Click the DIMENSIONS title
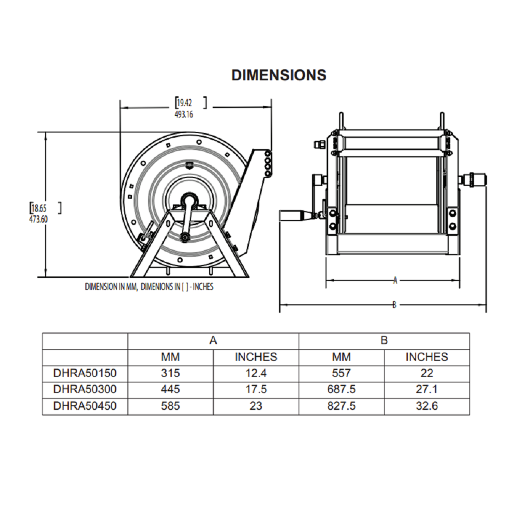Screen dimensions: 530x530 pos(278,75)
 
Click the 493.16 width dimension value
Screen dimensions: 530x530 pos(184,114)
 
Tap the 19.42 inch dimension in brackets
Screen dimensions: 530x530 pos(185,102)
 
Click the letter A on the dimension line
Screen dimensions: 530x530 pos(395,281)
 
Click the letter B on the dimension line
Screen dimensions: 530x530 pos(394,305)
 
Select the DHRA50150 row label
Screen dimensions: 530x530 pos(85,373)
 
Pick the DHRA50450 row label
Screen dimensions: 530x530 pos(85,406)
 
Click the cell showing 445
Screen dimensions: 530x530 pos(170,389)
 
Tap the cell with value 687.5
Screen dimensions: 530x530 pos(341,389)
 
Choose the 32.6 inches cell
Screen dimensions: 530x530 pos(426,406)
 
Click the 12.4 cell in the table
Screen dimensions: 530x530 pos(256,373)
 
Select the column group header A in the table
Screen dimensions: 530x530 pos(213,341)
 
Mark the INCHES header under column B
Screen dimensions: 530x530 pos(426,357)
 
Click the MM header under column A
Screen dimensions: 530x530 pos(170,357)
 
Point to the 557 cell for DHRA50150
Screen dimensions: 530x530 pos(341,373)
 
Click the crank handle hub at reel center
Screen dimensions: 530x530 pos(188,200)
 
